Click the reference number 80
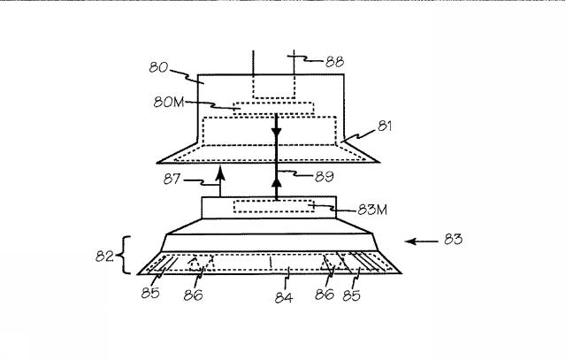[158, 67]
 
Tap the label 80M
[169, 103]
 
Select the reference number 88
[334, 62]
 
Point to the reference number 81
[385, 126]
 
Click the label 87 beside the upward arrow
[172, 179]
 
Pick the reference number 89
[325, 177]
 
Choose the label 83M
[372, 210]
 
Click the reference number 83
[453, 239]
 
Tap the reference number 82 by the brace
[104, 256]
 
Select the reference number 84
[284, 297]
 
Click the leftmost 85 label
[150, 293]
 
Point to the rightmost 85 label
[351, 295]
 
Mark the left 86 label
[193, 295]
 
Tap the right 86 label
[325, 295]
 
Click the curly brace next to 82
[124, 256]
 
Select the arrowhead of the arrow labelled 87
[220, 173]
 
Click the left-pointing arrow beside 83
[422, 241]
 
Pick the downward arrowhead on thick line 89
[277, 133]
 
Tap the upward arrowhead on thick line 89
[277, 182]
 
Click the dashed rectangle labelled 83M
[274, 206]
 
